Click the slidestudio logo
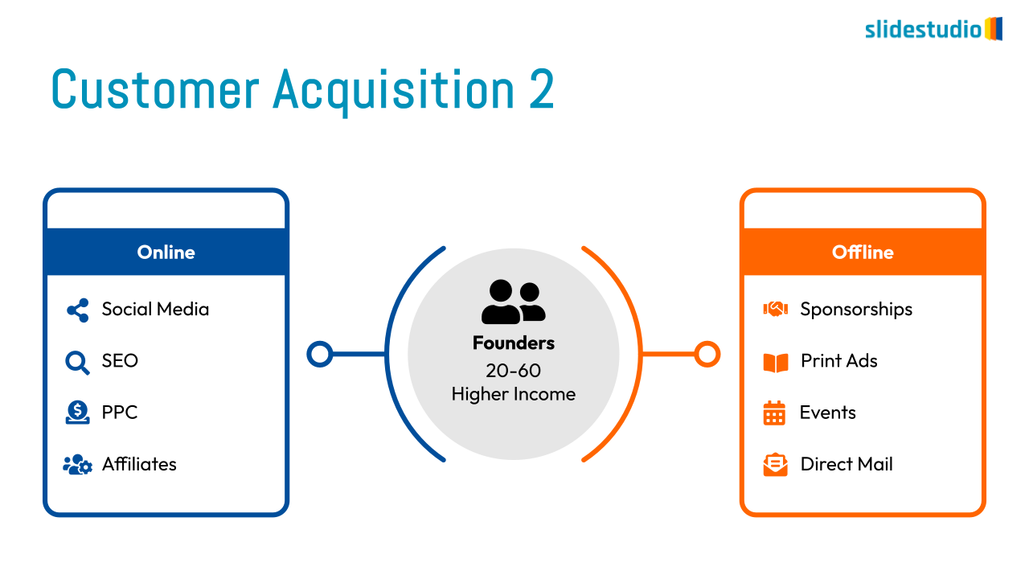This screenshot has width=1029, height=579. tap(933, 29)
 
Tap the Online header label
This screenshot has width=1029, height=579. tap(166, 253)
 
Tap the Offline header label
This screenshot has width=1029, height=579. tap(863, 253)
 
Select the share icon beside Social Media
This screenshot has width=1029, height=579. tap(78, 310)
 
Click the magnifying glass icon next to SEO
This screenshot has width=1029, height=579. tap(77, 363)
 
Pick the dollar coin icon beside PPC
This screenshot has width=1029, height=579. tap(77, 413)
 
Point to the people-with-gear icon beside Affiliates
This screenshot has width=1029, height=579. tap(78, 465)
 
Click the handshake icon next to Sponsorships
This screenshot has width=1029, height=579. tap(776, 309)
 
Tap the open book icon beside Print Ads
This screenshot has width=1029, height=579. tap(776, 363)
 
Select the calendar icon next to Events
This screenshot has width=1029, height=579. tap(774, 413)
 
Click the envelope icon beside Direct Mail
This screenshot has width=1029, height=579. tap(776, 465)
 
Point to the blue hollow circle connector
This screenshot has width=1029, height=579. tap(320, 355)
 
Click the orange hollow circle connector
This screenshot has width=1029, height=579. tap(707, 355)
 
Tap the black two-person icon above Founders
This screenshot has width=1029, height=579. tap(513, 302)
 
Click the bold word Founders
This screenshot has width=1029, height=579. tap(514, 343)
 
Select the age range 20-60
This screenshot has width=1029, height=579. tap(514, 371)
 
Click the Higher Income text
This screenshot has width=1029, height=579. tap(514, 394)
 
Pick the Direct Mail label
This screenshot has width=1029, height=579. tap(847, 464)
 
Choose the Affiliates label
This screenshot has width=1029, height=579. tap(139, 464)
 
